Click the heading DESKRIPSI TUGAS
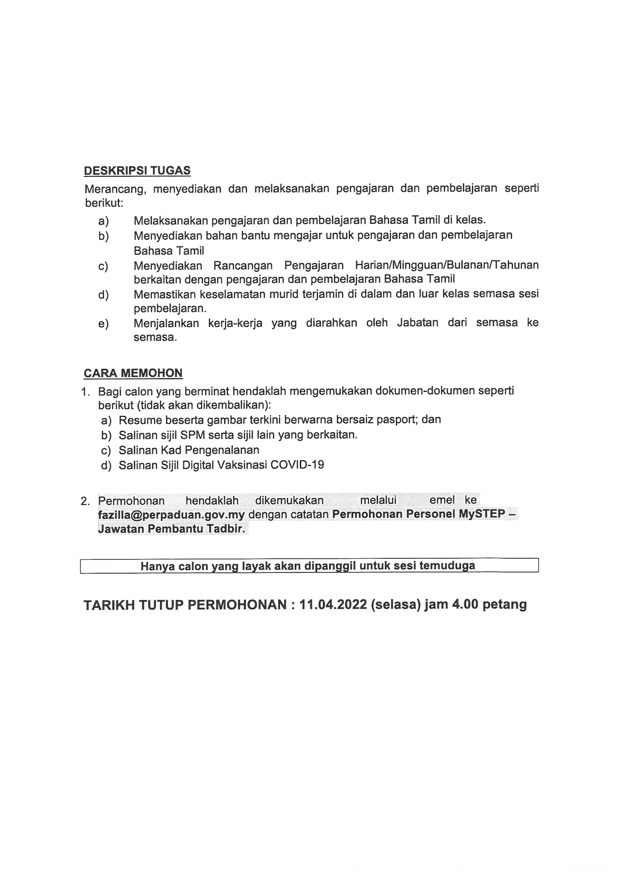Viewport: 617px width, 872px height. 137,170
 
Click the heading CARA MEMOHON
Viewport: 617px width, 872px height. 133,373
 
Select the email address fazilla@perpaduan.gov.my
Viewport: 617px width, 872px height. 171,514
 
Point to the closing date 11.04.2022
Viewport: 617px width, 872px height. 333,604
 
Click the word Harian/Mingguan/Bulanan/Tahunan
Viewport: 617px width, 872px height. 446,265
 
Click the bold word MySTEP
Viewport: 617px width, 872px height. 482,514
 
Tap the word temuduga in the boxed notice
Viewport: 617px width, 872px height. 447,566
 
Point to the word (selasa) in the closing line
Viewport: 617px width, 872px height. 395,604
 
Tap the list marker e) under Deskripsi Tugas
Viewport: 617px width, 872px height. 103,324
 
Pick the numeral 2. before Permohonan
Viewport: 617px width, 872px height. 85,501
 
